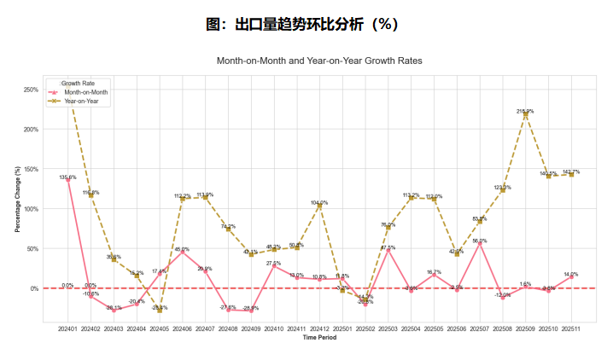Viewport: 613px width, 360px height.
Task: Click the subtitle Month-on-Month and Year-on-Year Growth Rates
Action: [x=319, y=61]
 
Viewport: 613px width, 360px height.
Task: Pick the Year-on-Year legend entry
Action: [x=82, y=101]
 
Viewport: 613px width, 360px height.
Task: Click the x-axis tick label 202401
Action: [x=67, y=328]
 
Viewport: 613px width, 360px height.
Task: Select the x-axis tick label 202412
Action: [x=319, y=328]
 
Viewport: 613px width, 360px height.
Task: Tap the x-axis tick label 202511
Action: [x=571, y=328]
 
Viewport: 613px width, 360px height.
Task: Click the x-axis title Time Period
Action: [x=319, y=338]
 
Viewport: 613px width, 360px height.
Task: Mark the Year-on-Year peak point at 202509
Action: [x=525, y=115]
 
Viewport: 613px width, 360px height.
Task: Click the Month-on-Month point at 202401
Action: [x=67, y=180]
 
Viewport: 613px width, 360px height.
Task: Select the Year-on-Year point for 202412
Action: [x=319, y=206]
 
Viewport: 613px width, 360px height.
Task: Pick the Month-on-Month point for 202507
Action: [x=480, y=243]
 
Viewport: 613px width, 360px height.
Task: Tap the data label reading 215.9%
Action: [x=525, y=111]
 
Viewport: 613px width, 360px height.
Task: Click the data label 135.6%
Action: [x=67, y=177]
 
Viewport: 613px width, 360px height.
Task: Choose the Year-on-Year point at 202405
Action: [x=159, y=311]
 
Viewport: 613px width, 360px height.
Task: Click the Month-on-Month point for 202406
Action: [x=182, y=252]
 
